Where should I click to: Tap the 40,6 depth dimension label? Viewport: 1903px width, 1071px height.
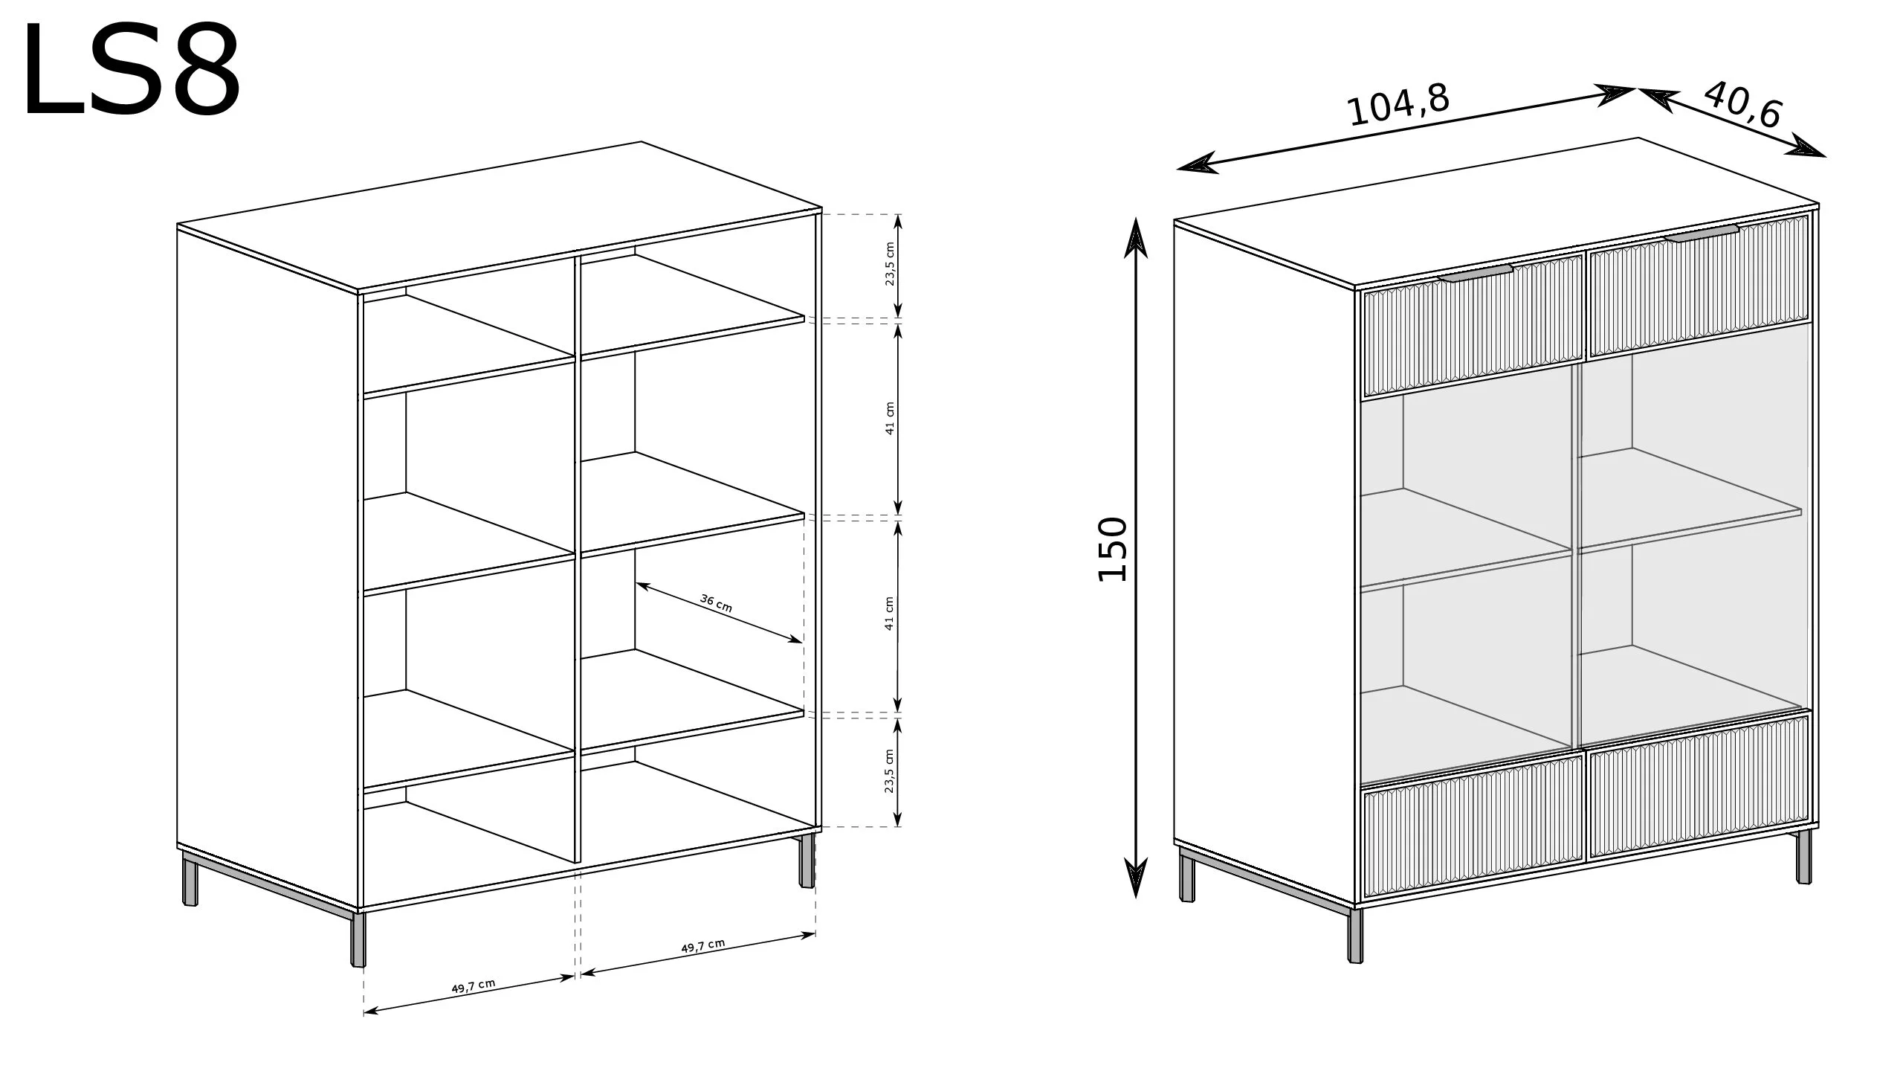[1742, 105]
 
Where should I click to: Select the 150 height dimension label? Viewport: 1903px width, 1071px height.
[1113, 549]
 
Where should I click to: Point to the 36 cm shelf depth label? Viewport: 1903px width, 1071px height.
[717, 603]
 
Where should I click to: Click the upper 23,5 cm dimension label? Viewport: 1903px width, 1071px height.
[890, 265]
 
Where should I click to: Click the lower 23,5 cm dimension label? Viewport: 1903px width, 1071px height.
[890, 771]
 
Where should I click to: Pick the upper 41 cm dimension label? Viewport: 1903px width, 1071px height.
[890, 418]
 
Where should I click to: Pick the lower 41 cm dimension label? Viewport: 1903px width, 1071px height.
[890, 614]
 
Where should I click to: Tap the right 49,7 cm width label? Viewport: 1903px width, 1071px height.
[702, 947]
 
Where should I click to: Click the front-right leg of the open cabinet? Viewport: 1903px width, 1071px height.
[807, 861]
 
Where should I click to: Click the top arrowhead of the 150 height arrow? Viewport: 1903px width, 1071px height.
[1136, 237]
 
